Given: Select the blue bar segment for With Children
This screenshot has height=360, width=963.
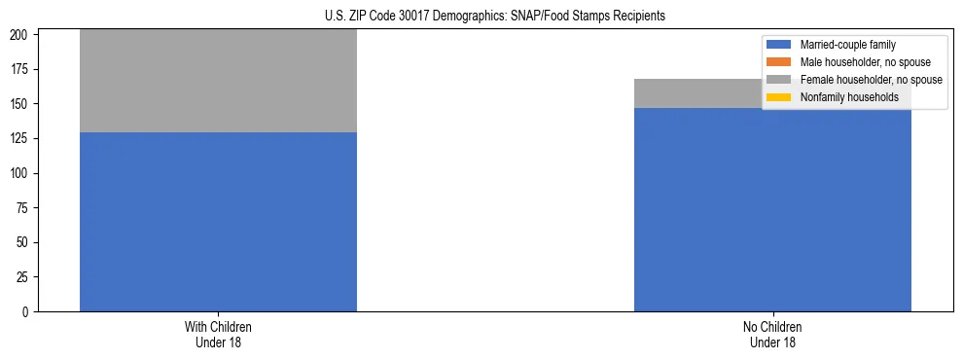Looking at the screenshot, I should click(218, 222).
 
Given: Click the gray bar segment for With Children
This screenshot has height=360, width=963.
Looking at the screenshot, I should click(218, 81).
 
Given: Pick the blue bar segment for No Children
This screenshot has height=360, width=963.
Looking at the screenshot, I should click(772, 209).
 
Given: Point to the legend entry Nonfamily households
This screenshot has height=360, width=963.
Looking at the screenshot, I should click(842, 97).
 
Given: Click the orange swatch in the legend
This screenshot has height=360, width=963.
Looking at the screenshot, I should click(779, 62).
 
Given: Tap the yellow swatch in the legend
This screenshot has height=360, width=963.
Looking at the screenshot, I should click(779, 97).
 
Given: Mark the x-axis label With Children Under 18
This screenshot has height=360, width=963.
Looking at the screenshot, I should click(218, 335).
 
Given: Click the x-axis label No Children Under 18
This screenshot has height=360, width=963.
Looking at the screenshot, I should click(772, 335).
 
